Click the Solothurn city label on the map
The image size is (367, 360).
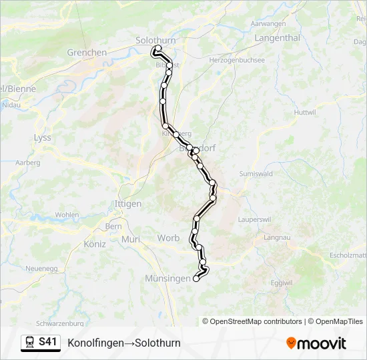[155, 40]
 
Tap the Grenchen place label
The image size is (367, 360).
[87, 52]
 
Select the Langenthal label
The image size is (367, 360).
[277, 38]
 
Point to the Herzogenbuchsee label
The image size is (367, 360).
[238, 59]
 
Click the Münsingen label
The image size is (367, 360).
[167, 279]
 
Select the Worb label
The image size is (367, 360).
[168, 238]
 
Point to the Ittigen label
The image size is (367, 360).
[128, 203]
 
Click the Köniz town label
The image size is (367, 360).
[95, 244]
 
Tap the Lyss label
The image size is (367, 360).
[42, 137]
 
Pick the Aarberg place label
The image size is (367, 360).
[27, 162]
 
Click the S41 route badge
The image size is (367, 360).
[40, 343]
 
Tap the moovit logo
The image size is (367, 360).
[316, 343]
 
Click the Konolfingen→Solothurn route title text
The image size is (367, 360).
[124, 343]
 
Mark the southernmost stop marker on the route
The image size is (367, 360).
[196, 279]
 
